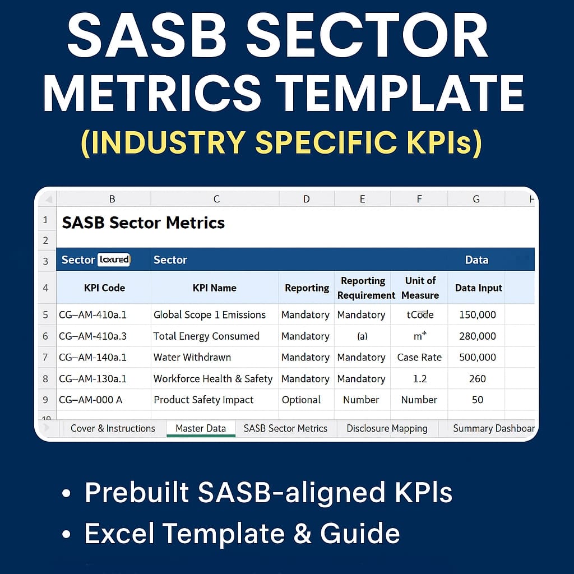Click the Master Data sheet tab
[x=201, y=428]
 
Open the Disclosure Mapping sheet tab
[x=387, y=428]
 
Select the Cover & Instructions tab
[x=113, y=428]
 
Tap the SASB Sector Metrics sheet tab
[x=285, y=428]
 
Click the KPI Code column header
[x=104, y=288]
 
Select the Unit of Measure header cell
[x=420, y=288]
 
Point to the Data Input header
[x=478, y=288]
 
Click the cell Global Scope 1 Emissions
[x=210, y=315]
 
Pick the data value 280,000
[x=477, y=336]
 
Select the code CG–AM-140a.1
[x=93, y=358]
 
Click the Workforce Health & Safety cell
[x=213, y=379]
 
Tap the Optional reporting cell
[x=301, y=400]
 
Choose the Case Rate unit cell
[x=419, y=358]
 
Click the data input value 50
[x=477, y=400]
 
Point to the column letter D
[x=306, y=199]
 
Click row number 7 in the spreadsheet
[x=46, y=358]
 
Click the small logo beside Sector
[x=114, y=260]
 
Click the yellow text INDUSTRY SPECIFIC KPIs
[x=281, y=142]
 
